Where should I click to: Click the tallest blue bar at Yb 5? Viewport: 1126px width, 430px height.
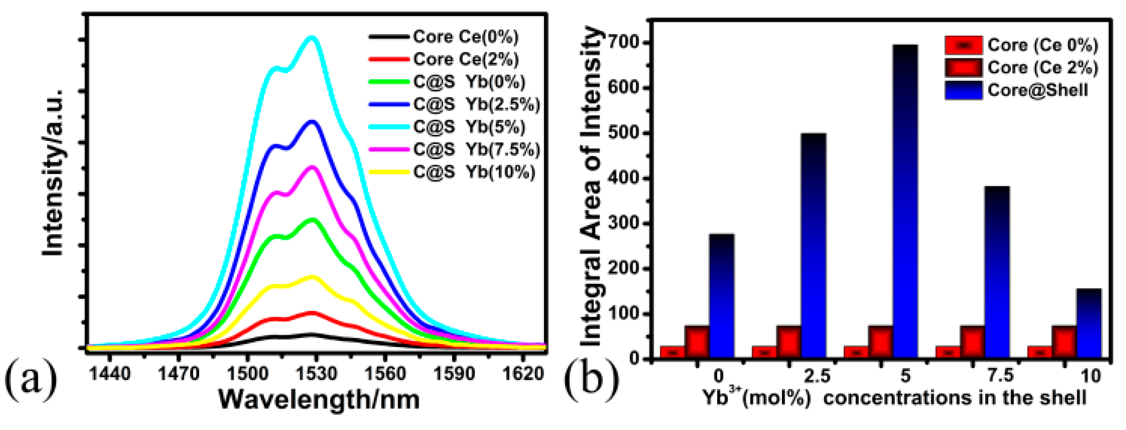pos(905,201)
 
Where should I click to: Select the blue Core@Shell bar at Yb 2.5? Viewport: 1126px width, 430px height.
pos(814,245)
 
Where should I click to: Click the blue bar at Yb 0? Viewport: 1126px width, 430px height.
pos(722,296)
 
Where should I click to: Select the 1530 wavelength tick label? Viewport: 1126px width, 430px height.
pos(316,374)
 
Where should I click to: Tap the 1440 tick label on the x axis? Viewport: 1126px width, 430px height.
pos(110,374)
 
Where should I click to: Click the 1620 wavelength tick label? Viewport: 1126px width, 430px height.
pos(523,374)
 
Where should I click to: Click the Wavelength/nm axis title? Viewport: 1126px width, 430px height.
pos(319,399)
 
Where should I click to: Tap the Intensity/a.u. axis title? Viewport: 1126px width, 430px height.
pos(53,172)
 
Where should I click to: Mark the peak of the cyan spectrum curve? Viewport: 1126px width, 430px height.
pos(312,38)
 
